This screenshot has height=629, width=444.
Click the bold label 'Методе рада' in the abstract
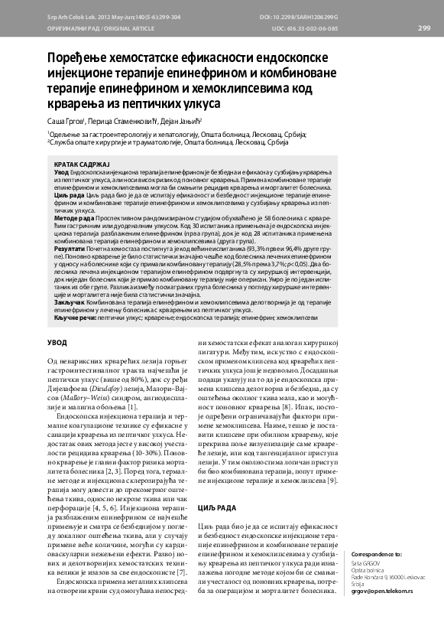click(73, 219)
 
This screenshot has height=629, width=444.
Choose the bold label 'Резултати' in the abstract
click(70, 249)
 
